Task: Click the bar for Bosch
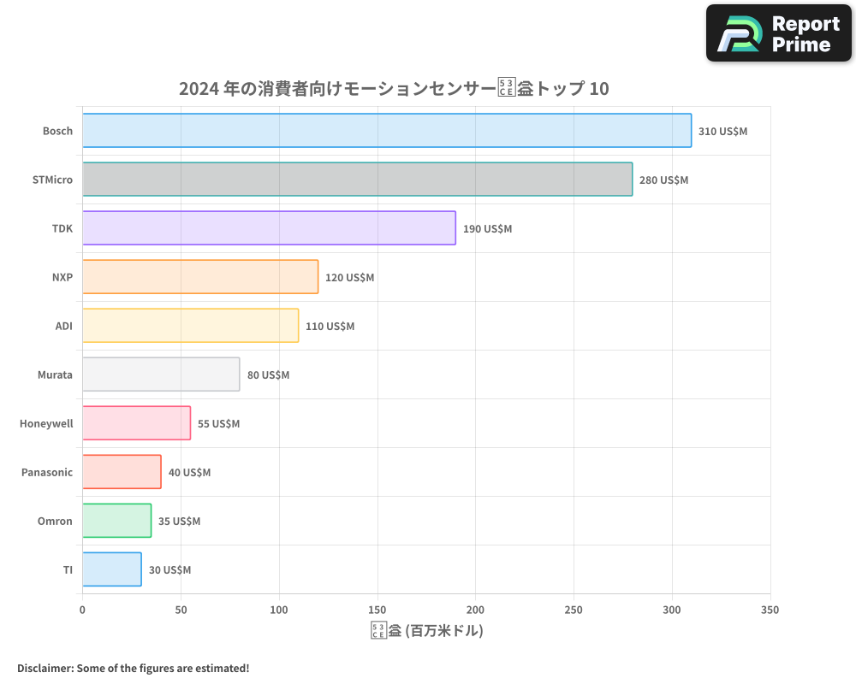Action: point(387,131)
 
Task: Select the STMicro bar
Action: point(357,180)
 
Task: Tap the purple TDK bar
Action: point(269,228)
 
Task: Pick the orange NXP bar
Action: point(200,277)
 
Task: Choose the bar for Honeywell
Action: point(136,423)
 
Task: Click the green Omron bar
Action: point(116,521)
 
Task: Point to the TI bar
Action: point(112,569)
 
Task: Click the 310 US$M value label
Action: point(722,132)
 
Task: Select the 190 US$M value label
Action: point(487,229)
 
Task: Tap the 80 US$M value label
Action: point(268,375)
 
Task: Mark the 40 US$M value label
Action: point(189,473)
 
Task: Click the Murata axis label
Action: point(55,375)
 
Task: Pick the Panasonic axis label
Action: point(47,473)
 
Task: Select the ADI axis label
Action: point(63,326)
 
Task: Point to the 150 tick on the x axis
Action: point(377,610)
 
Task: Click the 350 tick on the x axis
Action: point(770,610)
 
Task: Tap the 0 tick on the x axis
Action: point(82,610)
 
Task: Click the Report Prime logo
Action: point(779,33)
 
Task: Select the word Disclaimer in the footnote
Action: point(44,669)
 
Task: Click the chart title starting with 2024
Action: point(394,88)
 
